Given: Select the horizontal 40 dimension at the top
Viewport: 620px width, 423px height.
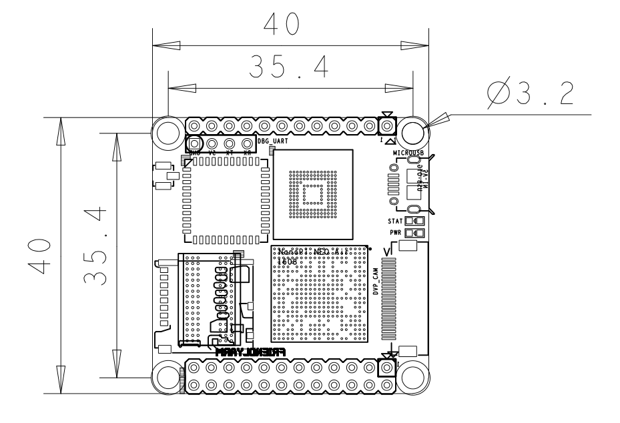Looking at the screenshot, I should pos(280,25).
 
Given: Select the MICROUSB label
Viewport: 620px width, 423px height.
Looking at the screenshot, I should pos(408,153).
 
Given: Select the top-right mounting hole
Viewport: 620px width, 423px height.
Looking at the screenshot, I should pos(413,130).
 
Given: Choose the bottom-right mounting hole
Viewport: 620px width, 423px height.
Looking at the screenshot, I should pos(413,377).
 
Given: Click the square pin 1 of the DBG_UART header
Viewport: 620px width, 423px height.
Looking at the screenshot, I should pos(194,143).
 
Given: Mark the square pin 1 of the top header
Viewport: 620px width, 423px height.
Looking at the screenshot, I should pos(386,126).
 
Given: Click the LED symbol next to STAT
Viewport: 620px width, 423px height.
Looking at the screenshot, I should pos(414,220).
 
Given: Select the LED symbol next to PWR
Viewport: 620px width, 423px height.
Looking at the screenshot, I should pos(414,232).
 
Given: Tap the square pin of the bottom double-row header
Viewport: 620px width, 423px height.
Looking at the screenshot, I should pos(386,368).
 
